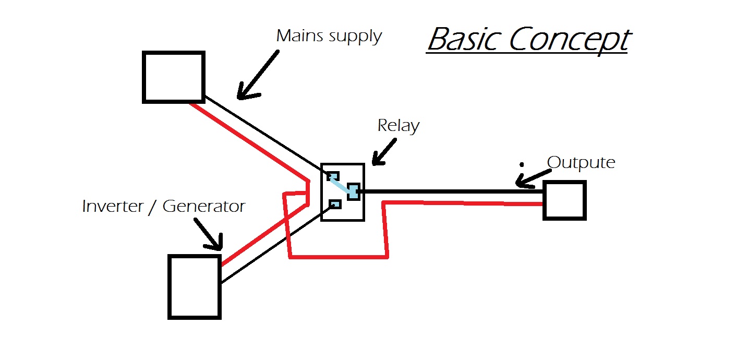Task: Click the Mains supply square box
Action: (173, 77)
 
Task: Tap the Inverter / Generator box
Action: (195, 286)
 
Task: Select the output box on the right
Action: (564, 200)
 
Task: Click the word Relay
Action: (398, 126)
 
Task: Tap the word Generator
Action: (204, 206)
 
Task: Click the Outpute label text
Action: (581, 162)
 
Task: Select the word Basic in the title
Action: (464, 40)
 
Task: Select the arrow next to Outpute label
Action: (532, 179)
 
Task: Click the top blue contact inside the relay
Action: (333, 176)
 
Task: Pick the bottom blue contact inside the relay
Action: (334, 204)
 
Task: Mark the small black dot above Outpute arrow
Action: (522, 164)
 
